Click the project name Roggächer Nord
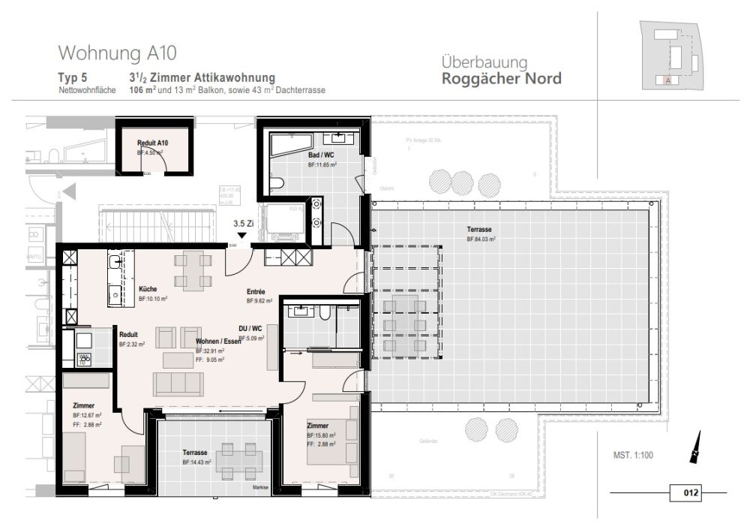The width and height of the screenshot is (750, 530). click(x=501, y=79)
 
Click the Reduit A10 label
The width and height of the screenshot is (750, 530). click(x=152, y=143)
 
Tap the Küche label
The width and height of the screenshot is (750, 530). click(x=147, y=289)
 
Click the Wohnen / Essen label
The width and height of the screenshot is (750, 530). click(x=218, y=342)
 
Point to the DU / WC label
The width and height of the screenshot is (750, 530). click(x=250, y=329)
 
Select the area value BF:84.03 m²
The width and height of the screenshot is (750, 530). click(x=481, y=239)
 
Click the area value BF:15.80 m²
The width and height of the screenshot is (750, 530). click(x=320, y=435)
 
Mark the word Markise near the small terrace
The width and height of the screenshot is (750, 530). click(x=260, y=487)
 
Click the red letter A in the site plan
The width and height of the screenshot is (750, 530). click(x=667, y=80)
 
